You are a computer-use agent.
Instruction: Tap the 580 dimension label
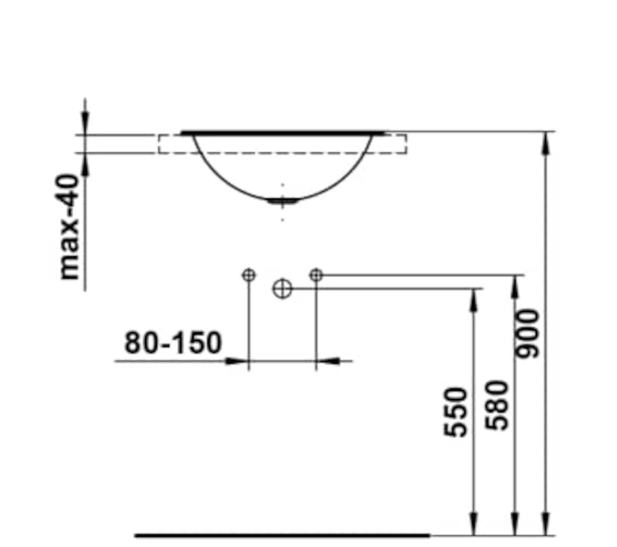click(496, 405)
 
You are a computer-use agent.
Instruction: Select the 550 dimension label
click(455, 412)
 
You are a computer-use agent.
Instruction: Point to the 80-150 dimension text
click(173, 342)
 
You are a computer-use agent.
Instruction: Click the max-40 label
click(68, 227)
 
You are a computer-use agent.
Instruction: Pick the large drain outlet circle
click(282, 288)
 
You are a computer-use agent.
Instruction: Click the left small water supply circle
click(249, 275)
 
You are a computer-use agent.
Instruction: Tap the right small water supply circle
click(317, 275)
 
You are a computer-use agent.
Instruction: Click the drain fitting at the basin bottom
click(282, 201)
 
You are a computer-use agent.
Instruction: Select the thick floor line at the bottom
click(282, 535)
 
